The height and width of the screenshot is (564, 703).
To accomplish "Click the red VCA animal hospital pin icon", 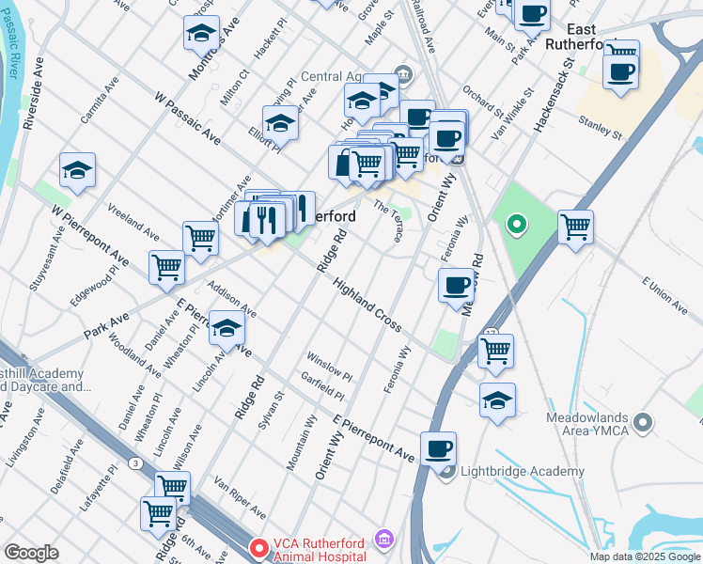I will (x=258, y=546).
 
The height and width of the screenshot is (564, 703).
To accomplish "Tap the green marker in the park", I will (x=516, y=225).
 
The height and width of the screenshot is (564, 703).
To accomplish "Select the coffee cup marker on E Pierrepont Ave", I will (x=438, y=448).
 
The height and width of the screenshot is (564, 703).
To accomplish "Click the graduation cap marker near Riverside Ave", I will (x=78, y=170).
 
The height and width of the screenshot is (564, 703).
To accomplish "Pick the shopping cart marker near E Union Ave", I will (x=575, y=226).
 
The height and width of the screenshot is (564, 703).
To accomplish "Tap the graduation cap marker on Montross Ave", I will (x=201, y=33).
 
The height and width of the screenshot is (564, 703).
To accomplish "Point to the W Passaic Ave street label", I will (x=187, y=118).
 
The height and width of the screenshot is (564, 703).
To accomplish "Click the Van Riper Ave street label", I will (x=240, y=497).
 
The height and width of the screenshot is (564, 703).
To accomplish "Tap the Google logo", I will (x=31, y=553).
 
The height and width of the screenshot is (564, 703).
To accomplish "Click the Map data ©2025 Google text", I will (x=644, y=556).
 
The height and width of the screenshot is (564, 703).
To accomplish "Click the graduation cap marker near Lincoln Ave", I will (x=227, y=328).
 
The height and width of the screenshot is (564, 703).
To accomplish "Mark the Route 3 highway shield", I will (x=137, y=462).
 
